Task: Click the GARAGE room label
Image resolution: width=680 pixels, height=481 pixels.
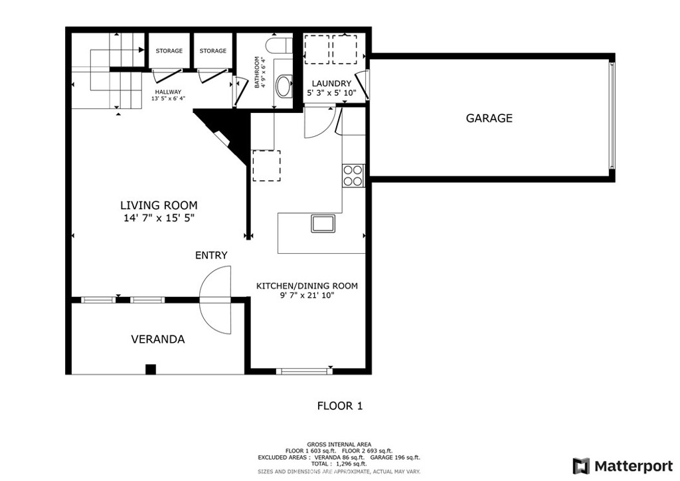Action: coord(489,118)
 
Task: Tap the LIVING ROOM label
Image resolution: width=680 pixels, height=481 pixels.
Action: coord(159,205)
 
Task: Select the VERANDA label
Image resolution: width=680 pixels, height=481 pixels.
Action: coord(158,339)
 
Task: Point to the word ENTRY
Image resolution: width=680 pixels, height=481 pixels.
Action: coord(211,255)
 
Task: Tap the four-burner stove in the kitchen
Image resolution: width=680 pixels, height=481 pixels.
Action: coord(353,175)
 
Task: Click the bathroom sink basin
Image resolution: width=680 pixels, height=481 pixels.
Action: coord(284,86)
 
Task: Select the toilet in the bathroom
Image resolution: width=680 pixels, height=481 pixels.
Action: coord(280,46)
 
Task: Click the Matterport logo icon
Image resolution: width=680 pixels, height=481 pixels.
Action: coord(581,466)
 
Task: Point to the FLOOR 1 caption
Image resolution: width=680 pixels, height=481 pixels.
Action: coord(340,406)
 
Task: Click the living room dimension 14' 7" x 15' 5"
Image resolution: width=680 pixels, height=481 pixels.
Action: coord(159,218)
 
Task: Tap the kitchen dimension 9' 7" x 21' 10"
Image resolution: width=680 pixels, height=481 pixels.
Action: coord(307,296)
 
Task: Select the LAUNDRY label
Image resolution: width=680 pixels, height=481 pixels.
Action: coord(331,83)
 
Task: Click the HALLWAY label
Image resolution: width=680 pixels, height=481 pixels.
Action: coord(168,92)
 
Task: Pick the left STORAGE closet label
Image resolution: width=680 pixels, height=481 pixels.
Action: coord(169,50)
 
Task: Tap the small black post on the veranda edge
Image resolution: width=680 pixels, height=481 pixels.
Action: coord(151,369)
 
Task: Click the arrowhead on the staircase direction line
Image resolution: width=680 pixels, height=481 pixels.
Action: coord(141,50)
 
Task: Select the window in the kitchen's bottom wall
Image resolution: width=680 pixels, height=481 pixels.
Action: coord(304,371)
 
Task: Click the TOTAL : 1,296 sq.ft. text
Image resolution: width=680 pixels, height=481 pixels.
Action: coord(339,464)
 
